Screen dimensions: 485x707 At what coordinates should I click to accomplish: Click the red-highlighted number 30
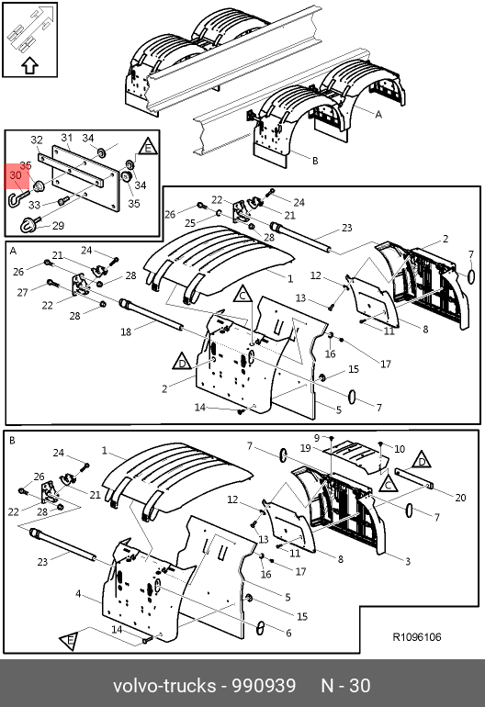click(x=16, y=175)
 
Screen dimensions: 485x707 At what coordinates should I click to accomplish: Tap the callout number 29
click(x=58, y=226)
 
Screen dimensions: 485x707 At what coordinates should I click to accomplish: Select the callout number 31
click(x=67, y=138)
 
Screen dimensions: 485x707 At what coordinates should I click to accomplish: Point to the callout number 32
click(x=37, y=140)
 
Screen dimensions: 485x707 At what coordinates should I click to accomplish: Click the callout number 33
click(x=34, y=205)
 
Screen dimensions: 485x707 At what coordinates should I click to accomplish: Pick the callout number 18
click(x=126, y=331)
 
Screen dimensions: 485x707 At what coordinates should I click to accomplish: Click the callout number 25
click(x=190, y=223)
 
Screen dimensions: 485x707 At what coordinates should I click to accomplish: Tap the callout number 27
click(x=23, y=292)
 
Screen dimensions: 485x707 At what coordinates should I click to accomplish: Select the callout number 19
click(x=306, y=448)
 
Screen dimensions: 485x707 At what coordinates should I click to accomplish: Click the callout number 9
click(x=317, y=437)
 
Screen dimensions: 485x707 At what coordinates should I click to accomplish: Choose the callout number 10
click(x=400, y=449)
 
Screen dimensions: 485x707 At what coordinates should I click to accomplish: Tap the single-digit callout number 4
click(x=78, y=594)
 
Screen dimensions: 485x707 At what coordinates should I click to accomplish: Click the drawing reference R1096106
click(x=417, y=636)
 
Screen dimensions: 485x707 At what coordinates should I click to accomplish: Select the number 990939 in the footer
click(x=264, y=685)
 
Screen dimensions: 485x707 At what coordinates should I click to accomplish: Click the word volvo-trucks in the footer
click(x=164, y=685)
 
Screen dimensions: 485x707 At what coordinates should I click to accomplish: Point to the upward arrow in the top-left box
click(x=29, y=66)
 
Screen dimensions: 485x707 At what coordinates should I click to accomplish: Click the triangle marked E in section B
click(x=69, y=640)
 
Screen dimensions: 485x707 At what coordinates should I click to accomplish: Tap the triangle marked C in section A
click(x=242, y=294)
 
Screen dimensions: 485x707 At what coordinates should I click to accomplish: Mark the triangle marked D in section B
click(x=422, y=460)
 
